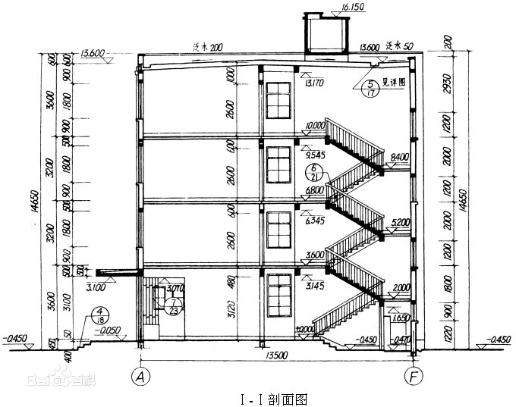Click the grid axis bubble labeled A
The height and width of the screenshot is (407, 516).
[x=139, y=374]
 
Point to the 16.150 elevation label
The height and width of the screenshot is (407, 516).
[x=334, y=7]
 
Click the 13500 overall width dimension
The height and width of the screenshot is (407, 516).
[x=275, y=354]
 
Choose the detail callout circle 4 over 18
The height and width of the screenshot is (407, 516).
[x=99, y=315]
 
